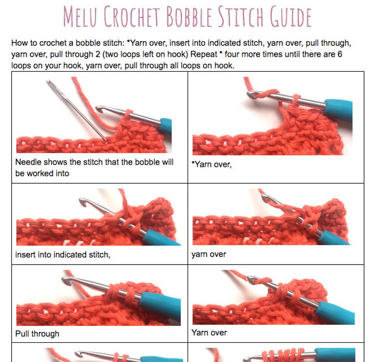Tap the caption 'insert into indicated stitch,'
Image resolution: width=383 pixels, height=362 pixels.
click(x=63, y=255)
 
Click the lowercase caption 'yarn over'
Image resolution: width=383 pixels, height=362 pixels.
click(x=208, y=254)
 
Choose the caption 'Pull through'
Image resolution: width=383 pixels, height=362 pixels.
click(x=37, y=333)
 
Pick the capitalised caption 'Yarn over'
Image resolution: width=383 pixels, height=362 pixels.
click(x=209, y=332)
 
